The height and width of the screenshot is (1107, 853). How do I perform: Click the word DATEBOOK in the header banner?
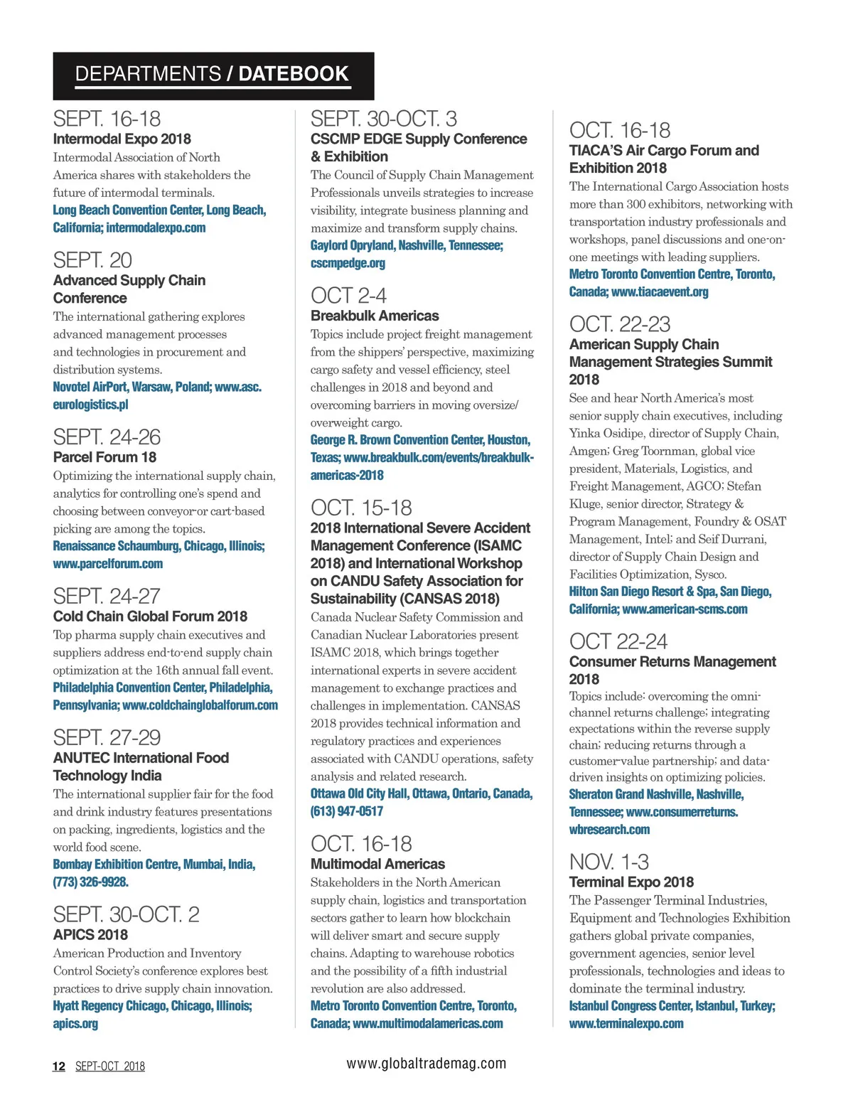[293, 74]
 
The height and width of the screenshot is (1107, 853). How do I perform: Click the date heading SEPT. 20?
[92, 260]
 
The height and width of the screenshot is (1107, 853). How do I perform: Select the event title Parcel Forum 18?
[104, 457]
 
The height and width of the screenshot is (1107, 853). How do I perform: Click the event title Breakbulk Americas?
[375, 316]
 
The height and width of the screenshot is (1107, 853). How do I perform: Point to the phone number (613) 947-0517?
[347, 811]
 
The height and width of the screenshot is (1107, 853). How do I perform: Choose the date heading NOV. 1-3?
[608, 862]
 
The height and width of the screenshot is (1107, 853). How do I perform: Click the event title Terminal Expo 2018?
[631, 882]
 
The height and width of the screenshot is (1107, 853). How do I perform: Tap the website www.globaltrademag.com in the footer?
[426, 1064]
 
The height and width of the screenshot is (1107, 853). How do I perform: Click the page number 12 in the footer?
[59, 1066]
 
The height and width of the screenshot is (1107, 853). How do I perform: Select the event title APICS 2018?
[90, 935]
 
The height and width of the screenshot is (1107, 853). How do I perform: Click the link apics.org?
[75, 1024]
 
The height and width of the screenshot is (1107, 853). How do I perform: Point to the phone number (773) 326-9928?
[90, 882]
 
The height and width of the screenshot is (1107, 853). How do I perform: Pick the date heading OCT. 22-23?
[619, 324]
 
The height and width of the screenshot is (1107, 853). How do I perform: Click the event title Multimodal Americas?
[377, 865]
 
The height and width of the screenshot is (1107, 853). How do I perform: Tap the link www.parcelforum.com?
[108, 564]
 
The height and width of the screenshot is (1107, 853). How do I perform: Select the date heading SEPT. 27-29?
[107, 737]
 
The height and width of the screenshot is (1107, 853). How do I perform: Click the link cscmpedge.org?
[348, 263]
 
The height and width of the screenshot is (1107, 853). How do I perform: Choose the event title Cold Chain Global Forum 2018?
[150, 616]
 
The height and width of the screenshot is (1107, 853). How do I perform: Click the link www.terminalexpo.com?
[626, 1024]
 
